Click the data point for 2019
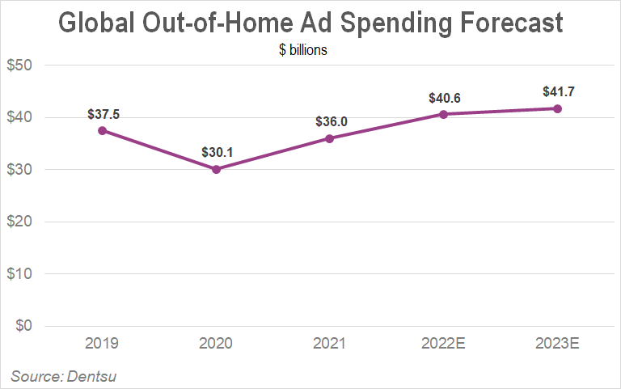tap(102, 130)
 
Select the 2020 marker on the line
tap(216, 169)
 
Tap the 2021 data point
tap(330, 138)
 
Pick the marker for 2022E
tap(444, 114)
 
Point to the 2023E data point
tap(557, 108)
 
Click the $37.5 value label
tap(102, 114)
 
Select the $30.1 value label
tap(216, 153)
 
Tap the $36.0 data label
tap(330, 122)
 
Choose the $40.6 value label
tap(444, 98)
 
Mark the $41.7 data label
tap(558, 92)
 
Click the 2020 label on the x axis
tap(216, 343)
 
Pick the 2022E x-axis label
tap(444, 343)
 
